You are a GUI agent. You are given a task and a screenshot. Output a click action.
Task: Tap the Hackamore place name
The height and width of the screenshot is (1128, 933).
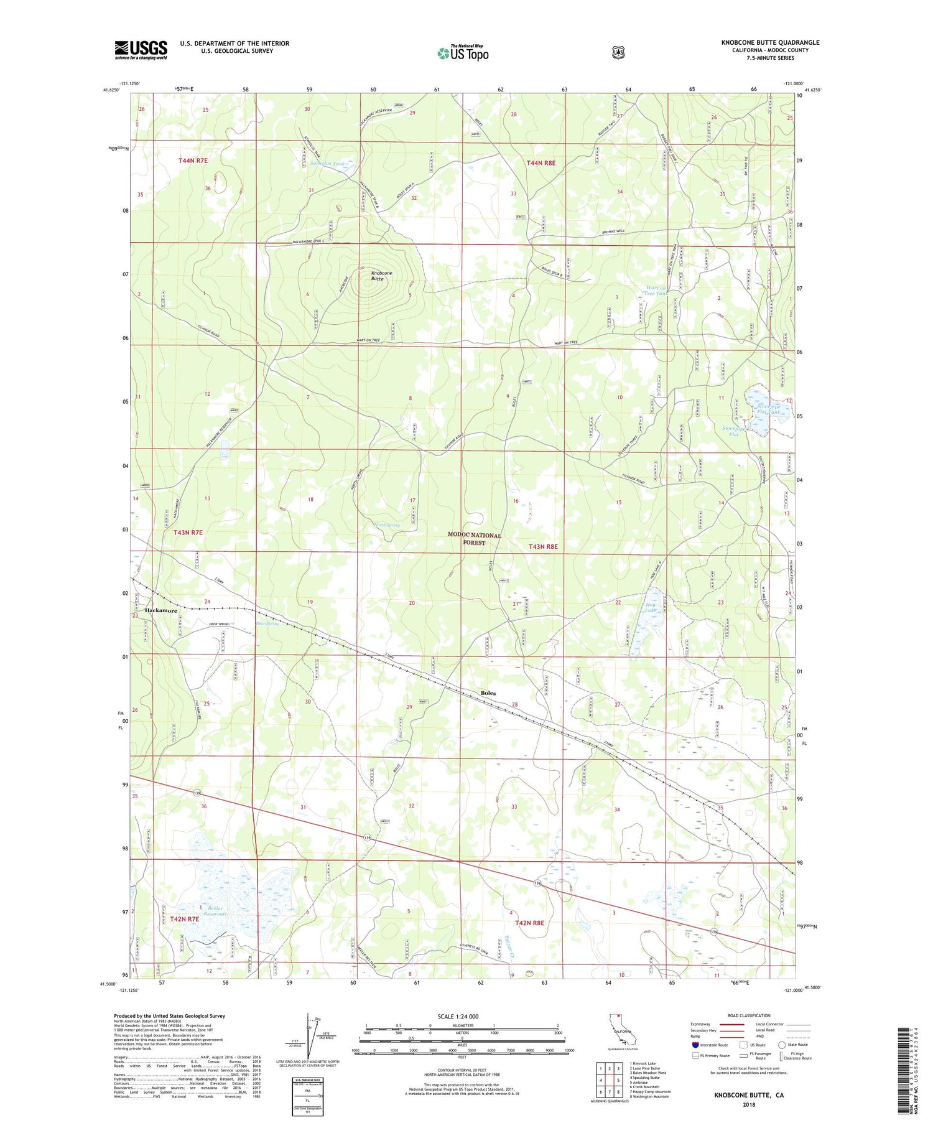(161, 610)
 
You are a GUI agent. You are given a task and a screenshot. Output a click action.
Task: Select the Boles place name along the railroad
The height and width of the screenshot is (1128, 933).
(488, 692)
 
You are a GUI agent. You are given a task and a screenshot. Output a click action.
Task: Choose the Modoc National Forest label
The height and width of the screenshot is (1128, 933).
(475, 539)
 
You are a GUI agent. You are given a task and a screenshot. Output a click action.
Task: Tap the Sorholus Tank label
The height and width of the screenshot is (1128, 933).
(327, 164)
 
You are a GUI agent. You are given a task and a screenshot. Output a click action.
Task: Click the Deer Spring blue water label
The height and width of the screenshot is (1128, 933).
(268, 623)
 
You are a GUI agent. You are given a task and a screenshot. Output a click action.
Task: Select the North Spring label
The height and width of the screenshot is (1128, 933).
(386, 525)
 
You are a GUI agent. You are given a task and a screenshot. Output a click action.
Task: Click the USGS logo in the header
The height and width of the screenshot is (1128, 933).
(141, 50)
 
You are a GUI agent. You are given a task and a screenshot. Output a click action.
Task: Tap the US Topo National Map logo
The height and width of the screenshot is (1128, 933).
(463, 52)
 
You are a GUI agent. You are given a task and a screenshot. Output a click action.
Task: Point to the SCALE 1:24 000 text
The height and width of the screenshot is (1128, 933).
(462, 1016)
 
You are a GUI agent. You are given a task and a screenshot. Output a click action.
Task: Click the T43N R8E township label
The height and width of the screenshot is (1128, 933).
(543, 546)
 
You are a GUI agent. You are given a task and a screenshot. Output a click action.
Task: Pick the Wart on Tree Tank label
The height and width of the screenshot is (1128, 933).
(656, 291)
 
